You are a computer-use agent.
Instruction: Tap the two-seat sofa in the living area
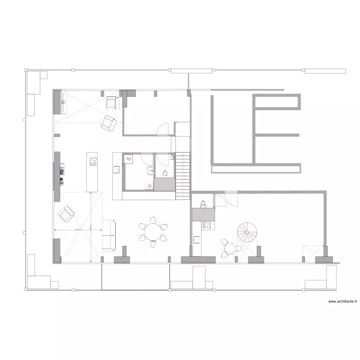point(109,235)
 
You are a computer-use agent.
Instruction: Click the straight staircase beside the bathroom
point(183,175)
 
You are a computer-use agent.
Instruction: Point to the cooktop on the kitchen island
point(92,162)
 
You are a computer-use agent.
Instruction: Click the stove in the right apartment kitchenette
point(207,225)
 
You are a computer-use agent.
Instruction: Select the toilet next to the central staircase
point(164,174)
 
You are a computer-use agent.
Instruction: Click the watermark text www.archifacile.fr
point(343,301)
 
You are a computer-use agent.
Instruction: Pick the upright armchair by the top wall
point(112,102)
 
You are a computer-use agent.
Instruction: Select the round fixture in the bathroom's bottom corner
point(149,186)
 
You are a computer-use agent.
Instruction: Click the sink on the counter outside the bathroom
point(116,169)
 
